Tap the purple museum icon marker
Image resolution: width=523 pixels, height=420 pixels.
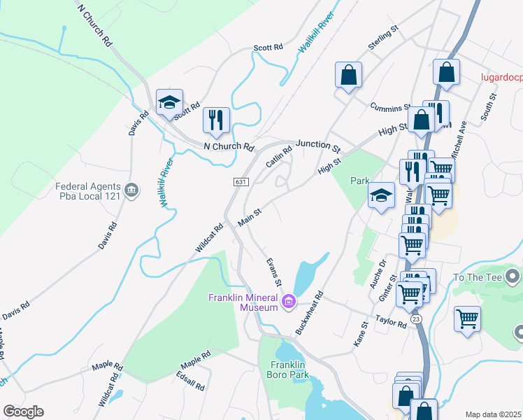click(288, 303)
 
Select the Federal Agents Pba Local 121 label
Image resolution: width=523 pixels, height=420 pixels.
click(89, 191)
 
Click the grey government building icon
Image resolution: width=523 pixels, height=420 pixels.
click(131, 190)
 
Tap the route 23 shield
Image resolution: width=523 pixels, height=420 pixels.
click(417, 318)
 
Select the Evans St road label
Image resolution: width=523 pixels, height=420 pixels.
click(273, 272)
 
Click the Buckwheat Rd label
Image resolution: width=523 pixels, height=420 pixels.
click(309, 313)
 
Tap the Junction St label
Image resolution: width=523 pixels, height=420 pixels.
click(317, 146)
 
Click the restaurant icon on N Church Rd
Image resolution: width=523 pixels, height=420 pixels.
click(216, 120)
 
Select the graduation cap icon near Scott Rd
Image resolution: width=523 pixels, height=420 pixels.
click(169, 102)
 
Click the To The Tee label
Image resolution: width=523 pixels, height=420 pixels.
click(478, 277)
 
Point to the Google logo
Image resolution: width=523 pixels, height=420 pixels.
click(23, 412)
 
